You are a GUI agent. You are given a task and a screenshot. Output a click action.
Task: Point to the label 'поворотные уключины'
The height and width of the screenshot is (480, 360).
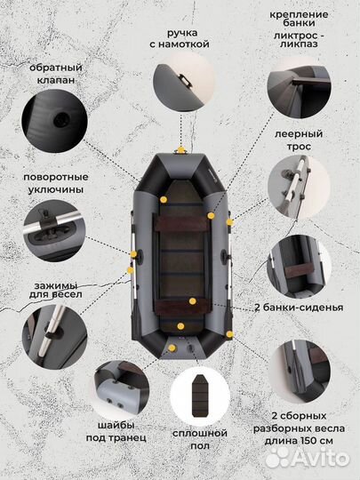coord(55,183)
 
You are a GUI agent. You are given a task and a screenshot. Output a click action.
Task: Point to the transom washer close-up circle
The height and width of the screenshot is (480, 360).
coord(120,377)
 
